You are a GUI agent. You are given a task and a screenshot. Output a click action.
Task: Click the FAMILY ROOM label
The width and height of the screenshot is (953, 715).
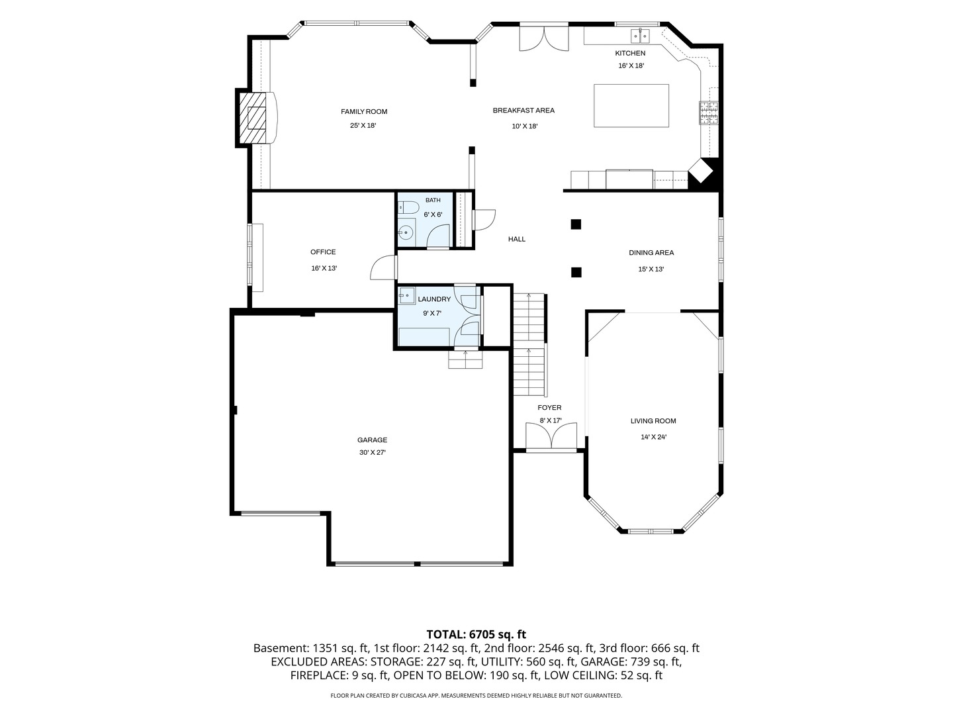pyautogui.click(x=364, y=112)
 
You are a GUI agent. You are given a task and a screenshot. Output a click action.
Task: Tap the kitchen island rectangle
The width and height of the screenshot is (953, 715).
pyautogui.click(x=631, y=106)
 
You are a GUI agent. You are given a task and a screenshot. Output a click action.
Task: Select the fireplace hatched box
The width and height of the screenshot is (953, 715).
pyautogui.click(x=253, y=118)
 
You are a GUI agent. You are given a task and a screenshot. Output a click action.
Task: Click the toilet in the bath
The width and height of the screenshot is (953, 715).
pyautogui.click(x=407, y=208)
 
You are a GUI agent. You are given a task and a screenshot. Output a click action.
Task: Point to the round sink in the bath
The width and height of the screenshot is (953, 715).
pyautogui.click(x=406, y=232)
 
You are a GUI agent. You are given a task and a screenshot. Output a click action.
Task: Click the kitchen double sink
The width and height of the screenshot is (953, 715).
pyautogui.click(x=640, y=36)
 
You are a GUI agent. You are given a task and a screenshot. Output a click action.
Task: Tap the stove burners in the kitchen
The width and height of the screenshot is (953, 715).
pyautogui.click(x=708, y=113)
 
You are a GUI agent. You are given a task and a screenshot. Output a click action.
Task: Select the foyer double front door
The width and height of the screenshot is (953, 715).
pyautogui.click(x=551, y=436)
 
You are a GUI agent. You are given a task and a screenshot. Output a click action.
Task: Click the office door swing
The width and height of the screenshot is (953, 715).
pyautogui.click(x=384, y=268)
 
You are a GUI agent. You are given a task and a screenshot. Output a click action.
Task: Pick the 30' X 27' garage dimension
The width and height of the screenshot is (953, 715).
pyautogui.click(x=372, y=452)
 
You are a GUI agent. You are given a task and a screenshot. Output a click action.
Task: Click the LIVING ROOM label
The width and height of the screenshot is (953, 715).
pyautogui.click(x=653, y=420)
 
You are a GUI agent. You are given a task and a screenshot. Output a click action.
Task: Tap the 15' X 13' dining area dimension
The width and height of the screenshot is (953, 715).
pyautogui.click(x=651, y=269)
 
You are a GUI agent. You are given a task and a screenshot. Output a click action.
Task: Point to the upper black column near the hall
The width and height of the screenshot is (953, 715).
pyautogui.click(x=576, y=224)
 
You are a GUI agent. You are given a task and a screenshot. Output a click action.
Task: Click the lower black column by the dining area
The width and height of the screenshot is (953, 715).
pyautogui.click(x=576, y=272)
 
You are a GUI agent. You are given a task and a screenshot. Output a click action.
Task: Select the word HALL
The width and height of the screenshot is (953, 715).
pyautogui.click(x=517, y=239)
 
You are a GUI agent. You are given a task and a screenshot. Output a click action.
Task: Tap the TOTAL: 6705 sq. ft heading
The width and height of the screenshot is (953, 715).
pyautogui.click(x=476, y=635)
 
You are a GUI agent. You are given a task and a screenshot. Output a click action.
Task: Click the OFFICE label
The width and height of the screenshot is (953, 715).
pyautogui.click(x=323, y=252)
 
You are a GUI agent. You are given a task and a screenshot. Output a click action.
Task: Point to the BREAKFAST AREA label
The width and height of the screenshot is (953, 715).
pyautogui.click(x=523, y=111)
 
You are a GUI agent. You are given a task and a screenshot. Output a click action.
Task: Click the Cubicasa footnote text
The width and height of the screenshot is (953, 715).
pyautogui.click(x=476, y=695)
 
